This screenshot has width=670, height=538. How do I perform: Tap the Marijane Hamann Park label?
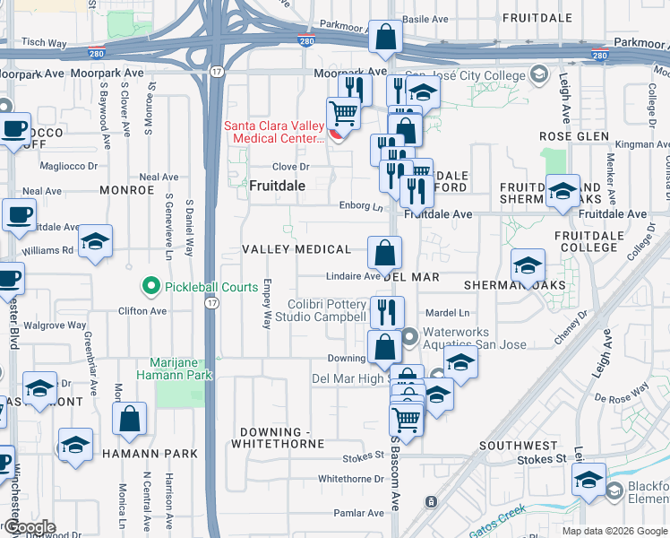click(174, 369)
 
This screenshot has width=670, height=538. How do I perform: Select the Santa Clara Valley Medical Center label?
click(273, 133)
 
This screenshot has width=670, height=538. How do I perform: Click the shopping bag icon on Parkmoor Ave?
click(385, 38)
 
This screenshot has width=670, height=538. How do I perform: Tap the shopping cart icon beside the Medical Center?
click(343, 115)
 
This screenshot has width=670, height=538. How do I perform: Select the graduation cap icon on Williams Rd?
click(95, 242)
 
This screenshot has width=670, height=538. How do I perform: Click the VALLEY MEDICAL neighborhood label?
click(296, 248)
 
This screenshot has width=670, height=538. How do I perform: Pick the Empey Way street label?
click(267, 302)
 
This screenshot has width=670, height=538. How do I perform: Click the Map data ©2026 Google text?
click(614, 531)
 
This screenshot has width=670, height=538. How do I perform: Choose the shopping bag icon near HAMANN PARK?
click(129, 418)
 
